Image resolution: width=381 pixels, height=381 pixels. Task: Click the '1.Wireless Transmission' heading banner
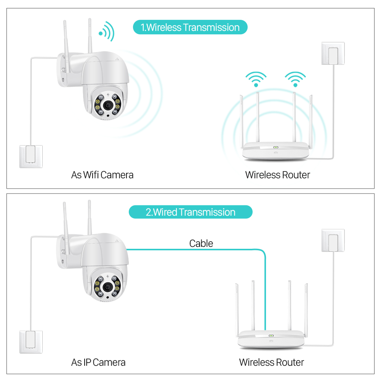tap(190, 27)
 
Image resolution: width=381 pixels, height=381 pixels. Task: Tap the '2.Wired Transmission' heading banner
tap(190, 212)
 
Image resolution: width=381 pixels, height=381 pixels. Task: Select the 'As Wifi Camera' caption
tap(102, 175)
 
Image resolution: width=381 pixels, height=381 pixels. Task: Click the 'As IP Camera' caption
tap(98, 362)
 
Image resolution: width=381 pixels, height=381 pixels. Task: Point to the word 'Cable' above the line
tap(201, 243)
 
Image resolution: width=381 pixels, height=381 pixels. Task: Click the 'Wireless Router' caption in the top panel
tap(277, 175)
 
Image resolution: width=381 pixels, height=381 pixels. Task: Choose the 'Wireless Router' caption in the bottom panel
tap(271, 362)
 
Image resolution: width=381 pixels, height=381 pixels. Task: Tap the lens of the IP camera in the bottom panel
tap(108, 287)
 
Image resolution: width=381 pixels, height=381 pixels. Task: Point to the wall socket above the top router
tap(333, 53)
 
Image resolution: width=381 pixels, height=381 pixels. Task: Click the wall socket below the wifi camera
tap(31, 156)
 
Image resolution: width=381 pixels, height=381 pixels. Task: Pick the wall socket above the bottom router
tap(333, 240)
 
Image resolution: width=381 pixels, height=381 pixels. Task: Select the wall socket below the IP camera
tap(31, 342)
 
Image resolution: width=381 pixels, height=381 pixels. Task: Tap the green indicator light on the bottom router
tap(271, 336)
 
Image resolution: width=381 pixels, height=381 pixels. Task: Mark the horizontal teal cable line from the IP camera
tap(190, 250)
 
